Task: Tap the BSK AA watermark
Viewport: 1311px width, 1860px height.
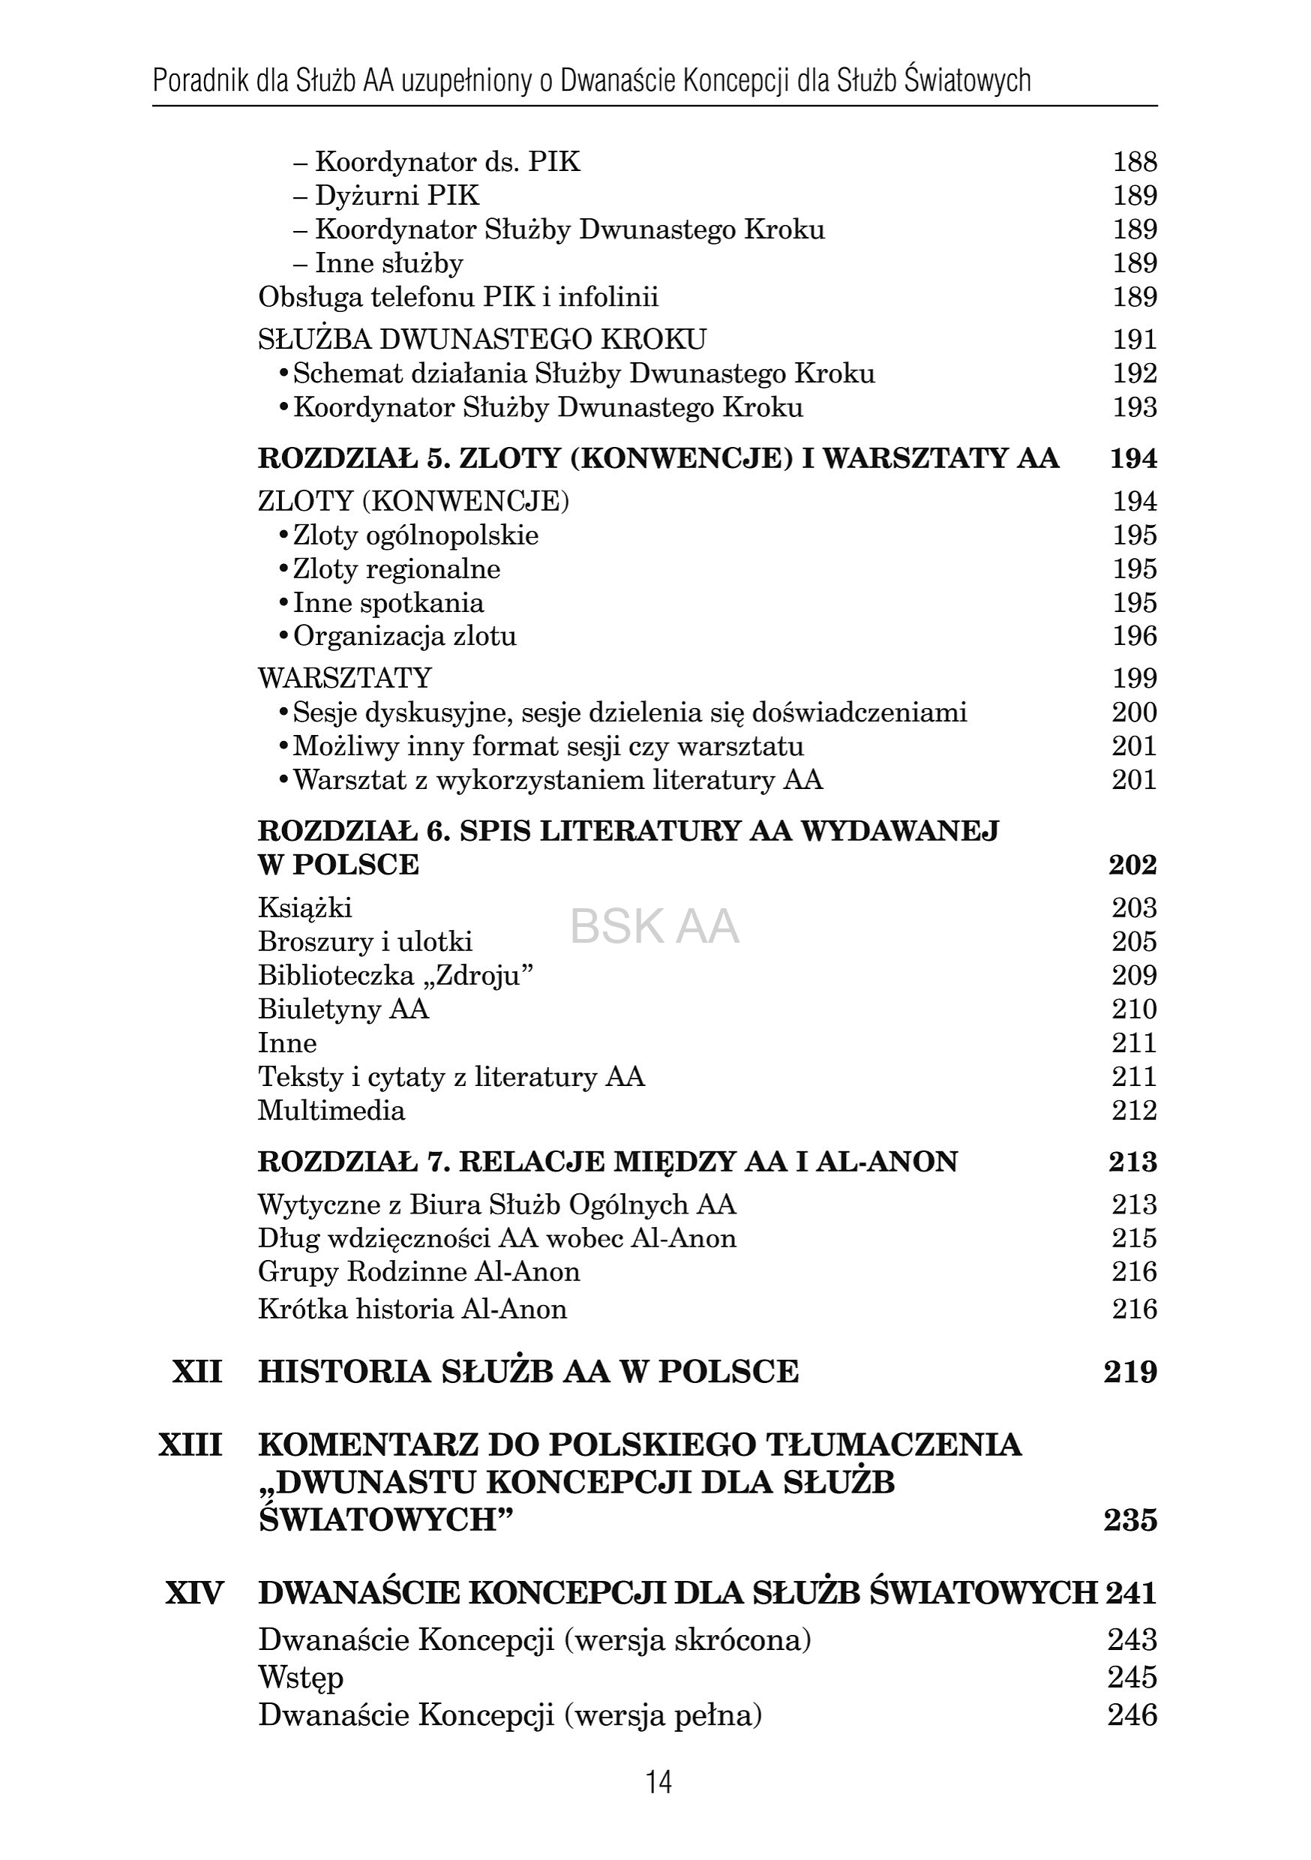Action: pyautogui.click(x=654, y=927)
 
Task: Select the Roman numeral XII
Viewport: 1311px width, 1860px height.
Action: pyautogui.click(x=197, y=1372)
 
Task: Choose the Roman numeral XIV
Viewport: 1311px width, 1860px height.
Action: pyautogui.click(x=194, y=1594)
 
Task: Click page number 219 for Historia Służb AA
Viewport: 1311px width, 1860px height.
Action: pyautogui.click(x=1129, y=1372)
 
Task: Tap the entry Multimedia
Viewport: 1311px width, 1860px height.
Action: pyautogui.click(x=331, y=1111)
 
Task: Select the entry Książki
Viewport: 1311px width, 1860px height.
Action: pyautogui.click(x=305, y=908)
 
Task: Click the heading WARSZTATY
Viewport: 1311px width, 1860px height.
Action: pyautogui.click(x=345, y=678)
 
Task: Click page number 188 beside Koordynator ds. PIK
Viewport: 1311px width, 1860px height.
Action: pyautogui.click(x=1134, y=162)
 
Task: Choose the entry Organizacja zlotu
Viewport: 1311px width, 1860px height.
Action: pyautogui.click(x=404, y=637)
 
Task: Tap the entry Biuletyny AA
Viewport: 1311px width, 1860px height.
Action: pyautogui.click(x=343, y=1009)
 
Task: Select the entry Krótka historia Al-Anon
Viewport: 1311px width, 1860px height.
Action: pyautogui.click(x=412, y=1309)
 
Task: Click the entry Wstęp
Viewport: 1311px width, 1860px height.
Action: pyautogui.click(x=301, y=1678)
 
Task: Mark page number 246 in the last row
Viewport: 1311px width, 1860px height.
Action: pyautogui.click(x=1132, y=1716)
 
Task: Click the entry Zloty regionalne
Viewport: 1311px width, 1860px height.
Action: pyautogui.click(x=396, y=569)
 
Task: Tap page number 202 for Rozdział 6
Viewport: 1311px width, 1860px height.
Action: pyautogui.click(x=1132, y=865)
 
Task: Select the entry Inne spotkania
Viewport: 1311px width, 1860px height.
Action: pyautogui.click(x=388, y=604)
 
